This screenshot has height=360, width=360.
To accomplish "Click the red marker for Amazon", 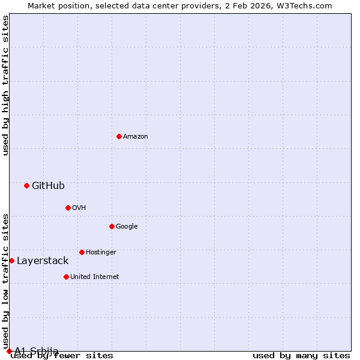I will [119, 136].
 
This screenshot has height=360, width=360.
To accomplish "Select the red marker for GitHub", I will [26, 185].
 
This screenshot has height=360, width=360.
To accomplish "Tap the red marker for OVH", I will [68, 208].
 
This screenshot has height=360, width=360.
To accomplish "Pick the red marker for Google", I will [112, 226].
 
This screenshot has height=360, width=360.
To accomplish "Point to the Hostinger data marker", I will [82, 252].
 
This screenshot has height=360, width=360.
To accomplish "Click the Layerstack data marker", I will [11, 260].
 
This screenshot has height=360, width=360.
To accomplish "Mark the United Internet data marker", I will [66, 277].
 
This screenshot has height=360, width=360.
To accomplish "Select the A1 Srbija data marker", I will [9, 351].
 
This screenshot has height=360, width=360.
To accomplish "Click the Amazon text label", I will [136, 137].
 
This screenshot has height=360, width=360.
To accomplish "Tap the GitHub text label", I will [48, 186].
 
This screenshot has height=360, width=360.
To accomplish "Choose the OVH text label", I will [79, 208].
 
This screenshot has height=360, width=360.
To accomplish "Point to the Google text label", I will [127, 227].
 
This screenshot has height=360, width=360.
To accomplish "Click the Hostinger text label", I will [101, 253].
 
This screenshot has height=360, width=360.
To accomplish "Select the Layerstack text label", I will [43, 261].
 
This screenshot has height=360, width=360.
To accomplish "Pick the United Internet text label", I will [95, 277].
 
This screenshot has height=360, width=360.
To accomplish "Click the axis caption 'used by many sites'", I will [301, 356].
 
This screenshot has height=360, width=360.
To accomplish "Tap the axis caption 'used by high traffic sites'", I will [5, 85].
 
